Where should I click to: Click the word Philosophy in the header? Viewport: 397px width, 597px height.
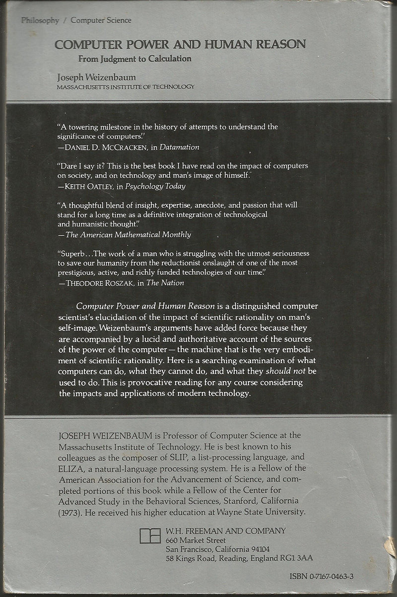point(40,20)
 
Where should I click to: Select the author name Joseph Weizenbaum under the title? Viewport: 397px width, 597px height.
point(96,77)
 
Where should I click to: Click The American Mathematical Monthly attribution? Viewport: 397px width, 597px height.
point(129,234)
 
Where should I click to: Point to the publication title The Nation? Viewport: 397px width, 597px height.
point(166,282)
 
